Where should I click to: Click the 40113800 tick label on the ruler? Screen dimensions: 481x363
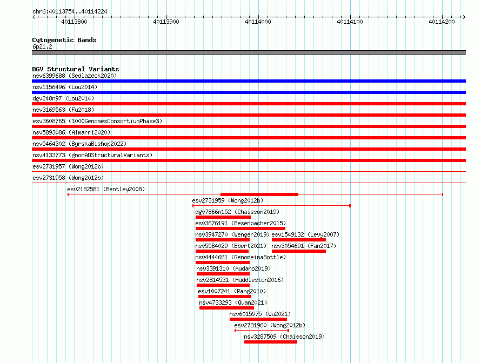click(74, 22)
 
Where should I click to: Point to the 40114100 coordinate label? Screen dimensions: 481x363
click(350, 22)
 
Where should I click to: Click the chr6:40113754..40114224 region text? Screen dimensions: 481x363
click(70, 12)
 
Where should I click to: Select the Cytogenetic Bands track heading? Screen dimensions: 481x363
click(64, 40)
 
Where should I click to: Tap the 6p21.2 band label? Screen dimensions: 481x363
click(42, 46)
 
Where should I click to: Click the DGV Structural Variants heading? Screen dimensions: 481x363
click(76, 69)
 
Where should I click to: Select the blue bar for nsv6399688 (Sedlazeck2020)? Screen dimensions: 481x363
click(249, 81)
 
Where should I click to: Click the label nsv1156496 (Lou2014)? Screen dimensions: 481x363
click(65, 87)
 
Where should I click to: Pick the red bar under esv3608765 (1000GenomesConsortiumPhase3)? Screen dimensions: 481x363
click(249, 126)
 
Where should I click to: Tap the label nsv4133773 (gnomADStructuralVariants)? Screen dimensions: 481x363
click(92, 155)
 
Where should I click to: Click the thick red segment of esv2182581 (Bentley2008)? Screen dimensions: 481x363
click(259, 194)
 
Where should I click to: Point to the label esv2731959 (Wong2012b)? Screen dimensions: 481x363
click(228, 200)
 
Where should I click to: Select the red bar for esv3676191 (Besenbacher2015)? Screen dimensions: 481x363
click(240, 228)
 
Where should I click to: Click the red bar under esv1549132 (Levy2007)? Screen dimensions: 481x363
click(299, 240)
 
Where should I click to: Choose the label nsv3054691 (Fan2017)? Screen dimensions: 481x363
click(304, 246)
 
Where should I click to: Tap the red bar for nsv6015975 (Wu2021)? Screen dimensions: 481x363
click(258, 319)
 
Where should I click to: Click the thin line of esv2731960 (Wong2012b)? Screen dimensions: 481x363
click(262, 331)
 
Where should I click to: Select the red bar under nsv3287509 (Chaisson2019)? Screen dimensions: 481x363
click(271, 342)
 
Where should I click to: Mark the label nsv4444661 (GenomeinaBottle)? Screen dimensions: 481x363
click(241, 257)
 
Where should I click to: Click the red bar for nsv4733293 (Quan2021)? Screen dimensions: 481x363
click(226, 308)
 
